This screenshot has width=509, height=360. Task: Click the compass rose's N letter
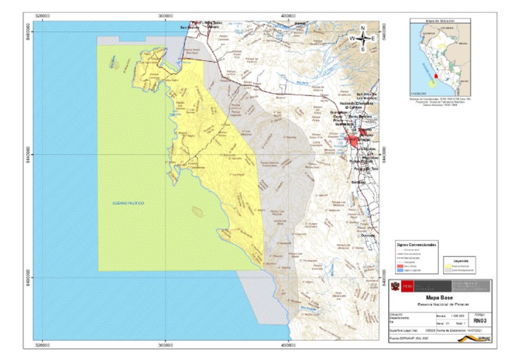[363, 29]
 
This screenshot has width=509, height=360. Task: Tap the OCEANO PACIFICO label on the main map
[128, 202]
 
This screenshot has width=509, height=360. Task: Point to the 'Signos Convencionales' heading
[416, 245]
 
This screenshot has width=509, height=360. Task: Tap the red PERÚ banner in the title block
[403, 286]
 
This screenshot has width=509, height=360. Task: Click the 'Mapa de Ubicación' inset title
[439, 22]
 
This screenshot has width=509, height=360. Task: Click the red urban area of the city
[356, 141]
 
